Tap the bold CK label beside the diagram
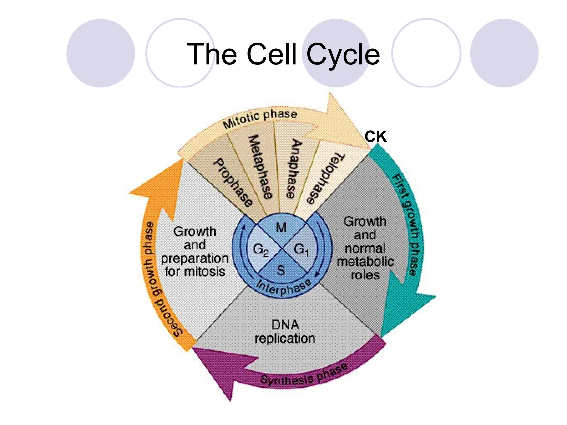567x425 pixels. tap(375, 137)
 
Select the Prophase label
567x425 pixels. tap(233, 183)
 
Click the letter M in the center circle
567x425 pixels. tap(281, 227)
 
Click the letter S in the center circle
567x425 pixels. tap(281, 270)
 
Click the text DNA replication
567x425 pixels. tap(285, 331)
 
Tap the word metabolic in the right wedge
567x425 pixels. tap(365, 261)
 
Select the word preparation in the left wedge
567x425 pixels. tap(195, 258)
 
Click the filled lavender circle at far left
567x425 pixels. tap(100, 53)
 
